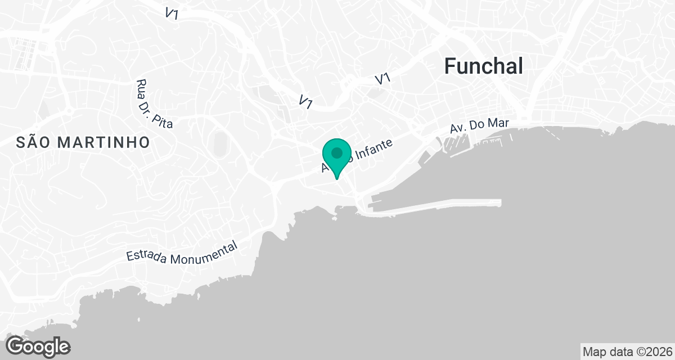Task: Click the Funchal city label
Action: tap(484, 66)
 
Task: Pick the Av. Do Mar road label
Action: tap(475, 127)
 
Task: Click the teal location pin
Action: tap(337, 157)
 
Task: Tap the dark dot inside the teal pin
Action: tap(337, 152)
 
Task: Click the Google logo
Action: tap(38, 346)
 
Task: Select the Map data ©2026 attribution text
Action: tap(626, 352)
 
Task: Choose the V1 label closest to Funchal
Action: tap(382, 79)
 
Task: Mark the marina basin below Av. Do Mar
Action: tap(456, 143)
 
